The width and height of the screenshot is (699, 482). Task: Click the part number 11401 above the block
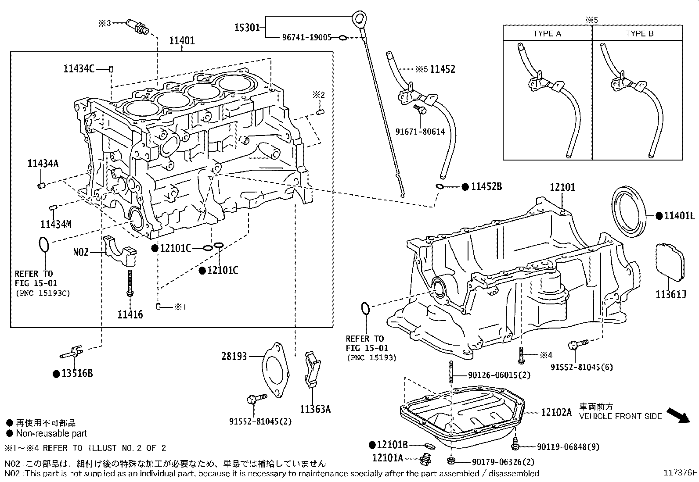(182, 41)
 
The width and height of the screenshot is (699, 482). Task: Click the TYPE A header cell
(547, 33)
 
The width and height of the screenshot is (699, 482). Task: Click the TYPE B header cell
(639, 33)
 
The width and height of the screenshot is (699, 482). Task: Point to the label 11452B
(486, 186)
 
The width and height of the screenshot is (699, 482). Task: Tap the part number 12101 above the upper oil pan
(562, 187)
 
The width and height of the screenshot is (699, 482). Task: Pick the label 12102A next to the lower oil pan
(556, 412)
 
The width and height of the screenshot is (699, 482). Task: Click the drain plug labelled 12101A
(425, 460)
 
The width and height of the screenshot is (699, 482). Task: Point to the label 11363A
(315, 409)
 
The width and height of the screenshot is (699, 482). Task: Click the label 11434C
(79, 69)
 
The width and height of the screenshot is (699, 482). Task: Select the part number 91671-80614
(420, 132)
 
